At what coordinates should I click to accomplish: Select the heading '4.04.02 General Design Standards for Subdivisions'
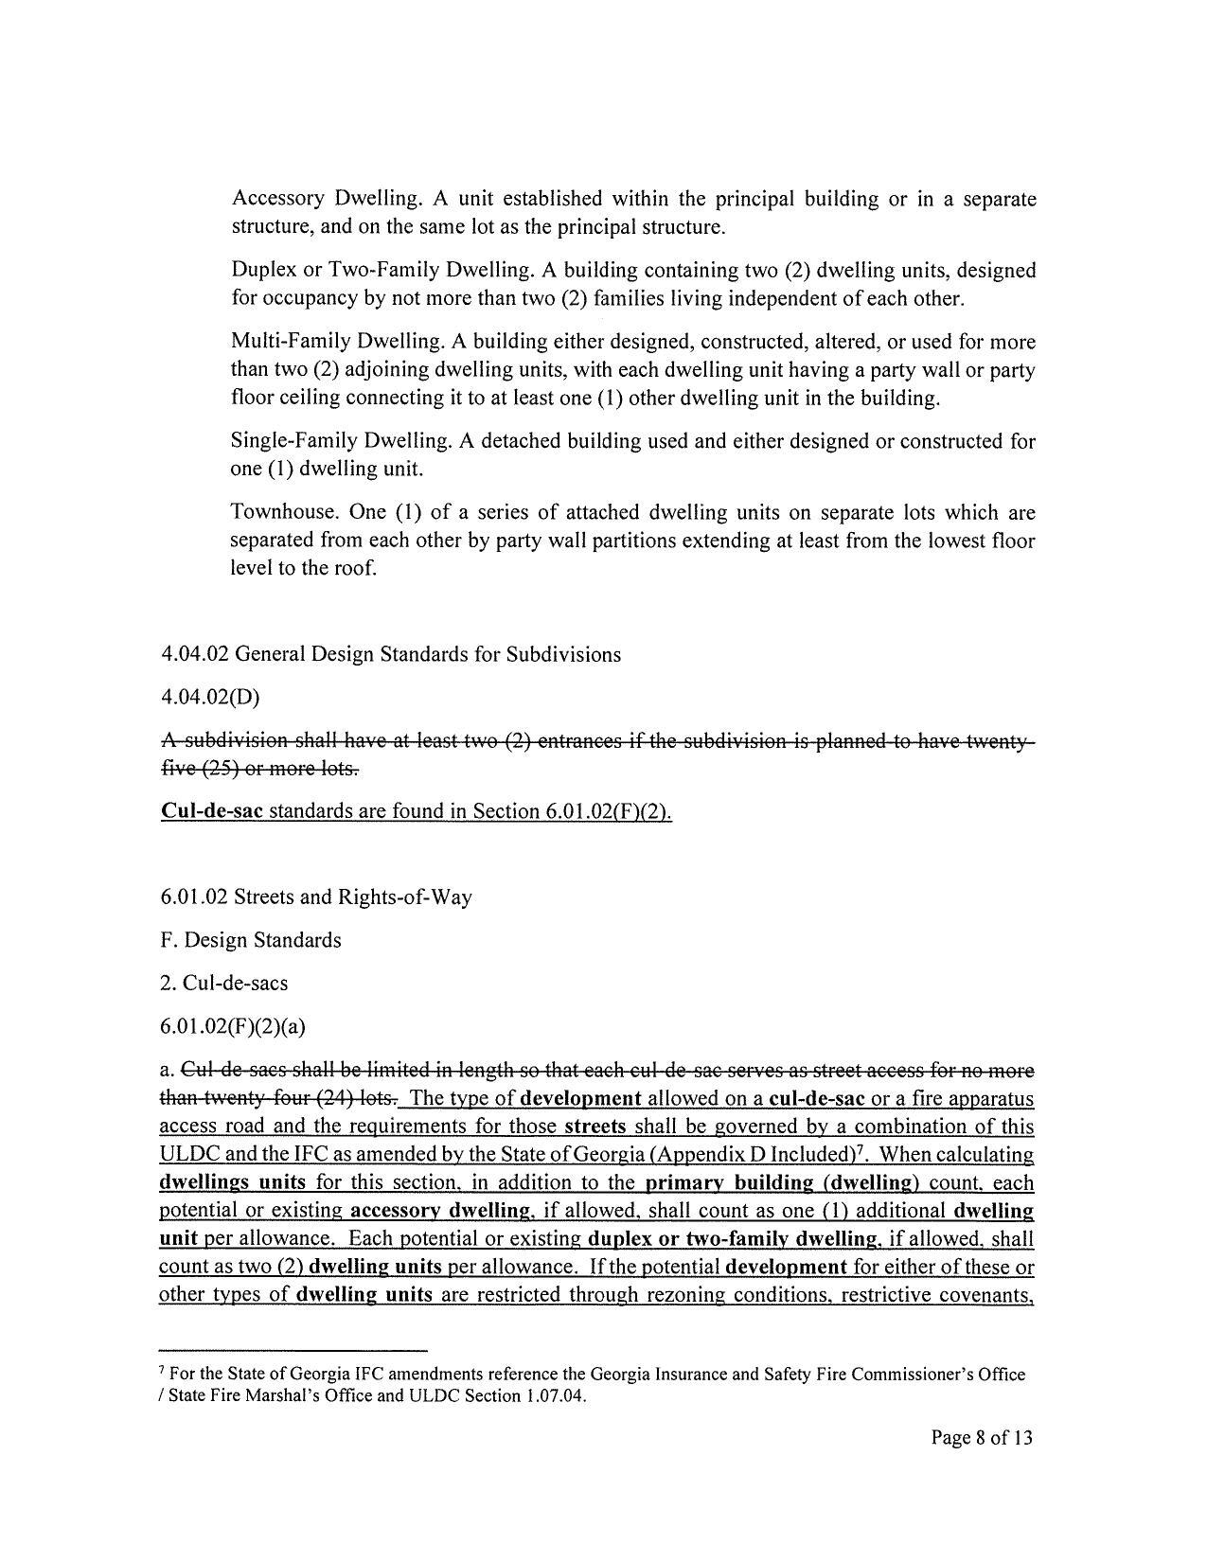391,655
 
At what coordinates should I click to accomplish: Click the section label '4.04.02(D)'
210,698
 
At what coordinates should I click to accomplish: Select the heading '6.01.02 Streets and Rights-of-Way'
316,897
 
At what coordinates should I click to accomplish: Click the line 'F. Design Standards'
251,941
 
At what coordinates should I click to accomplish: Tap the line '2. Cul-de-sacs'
224,984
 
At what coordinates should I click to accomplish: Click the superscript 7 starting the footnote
162,1371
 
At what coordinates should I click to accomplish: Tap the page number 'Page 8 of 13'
982,1439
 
